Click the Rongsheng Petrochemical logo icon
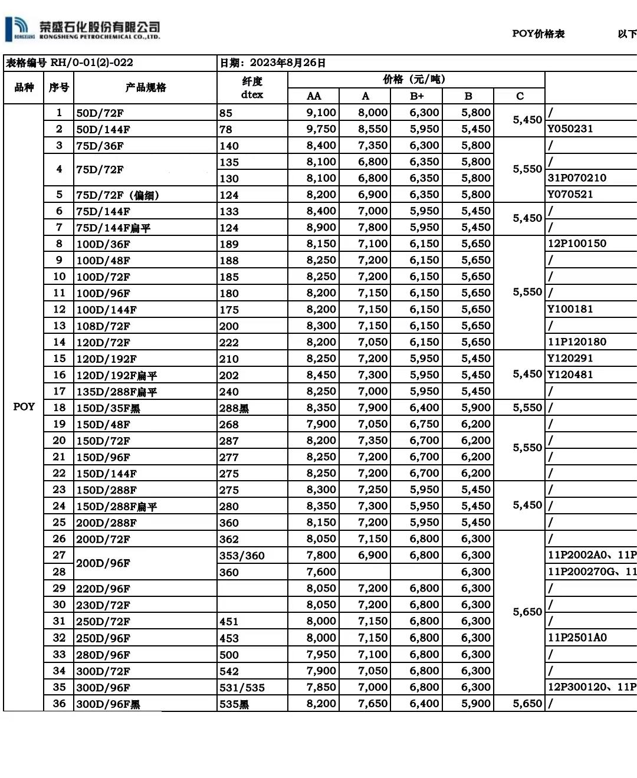(x=19, y=27)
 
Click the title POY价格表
(x=538, y=34)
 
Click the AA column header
(x=314, y=96)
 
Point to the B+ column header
(x=416, y=96)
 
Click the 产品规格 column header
(x=146, y=87)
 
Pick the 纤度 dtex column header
(x=252, y=87)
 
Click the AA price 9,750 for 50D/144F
(x=321, y=129)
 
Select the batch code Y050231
(x=570, y=129)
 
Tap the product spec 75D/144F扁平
(x=113, y=228)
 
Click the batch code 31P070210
(x=577, y=178)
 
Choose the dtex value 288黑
(x=234, y=408)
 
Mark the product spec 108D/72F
(x=103, y=326)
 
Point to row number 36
(x=59, y=704)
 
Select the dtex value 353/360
(x=242, y=556)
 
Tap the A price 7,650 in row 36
(x=373, y=704)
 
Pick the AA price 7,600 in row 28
(x=321, y=572)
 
